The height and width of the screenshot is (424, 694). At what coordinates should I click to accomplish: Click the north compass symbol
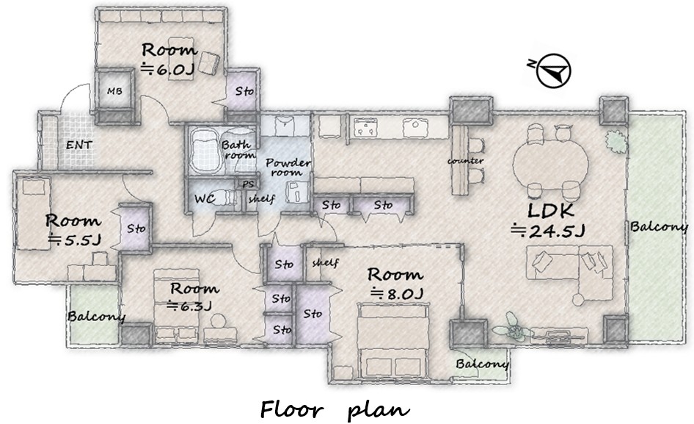(x=553, y=71)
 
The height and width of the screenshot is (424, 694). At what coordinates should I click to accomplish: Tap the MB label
(x=114, y=91)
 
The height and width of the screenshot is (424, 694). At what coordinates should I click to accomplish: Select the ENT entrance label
(x=79, y=145)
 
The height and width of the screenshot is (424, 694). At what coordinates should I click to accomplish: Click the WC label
(x=205, y=198)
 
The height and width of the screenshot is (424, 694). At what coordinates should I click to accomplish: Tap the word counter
(x=465, y=160)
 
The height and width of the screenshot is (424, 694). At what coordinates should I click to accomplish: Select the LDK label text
(x=551, y=210)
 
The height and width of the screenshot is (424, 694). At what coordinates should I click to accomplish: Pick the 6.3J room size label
(x=189, y=305)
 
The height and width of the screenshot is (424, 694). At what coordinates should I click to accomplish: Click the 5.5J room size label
(x=75, y=240)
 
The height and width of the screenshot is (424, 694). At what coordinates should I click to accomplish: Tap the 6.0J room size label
(x=168, y=70)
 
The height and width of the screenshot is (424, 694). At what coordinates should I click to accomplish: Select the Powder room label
(x=288, y=168)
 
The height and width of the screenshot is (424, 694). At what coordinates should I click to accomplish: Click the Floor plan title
(x=335, y=409)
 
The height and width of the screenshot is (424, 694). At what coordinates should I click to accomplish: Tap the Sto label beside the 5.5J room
(x=136, y=229)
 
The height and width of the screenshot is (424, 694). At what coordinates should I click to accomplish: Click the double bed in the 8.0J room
(x=393, y=341)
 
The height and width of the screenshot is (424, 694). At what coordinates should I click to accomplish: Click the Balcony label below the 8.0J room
(x=482, y=364)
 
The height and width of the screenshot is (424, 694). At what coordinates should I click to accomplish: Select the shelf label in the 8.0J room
(x=325, y=262)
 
